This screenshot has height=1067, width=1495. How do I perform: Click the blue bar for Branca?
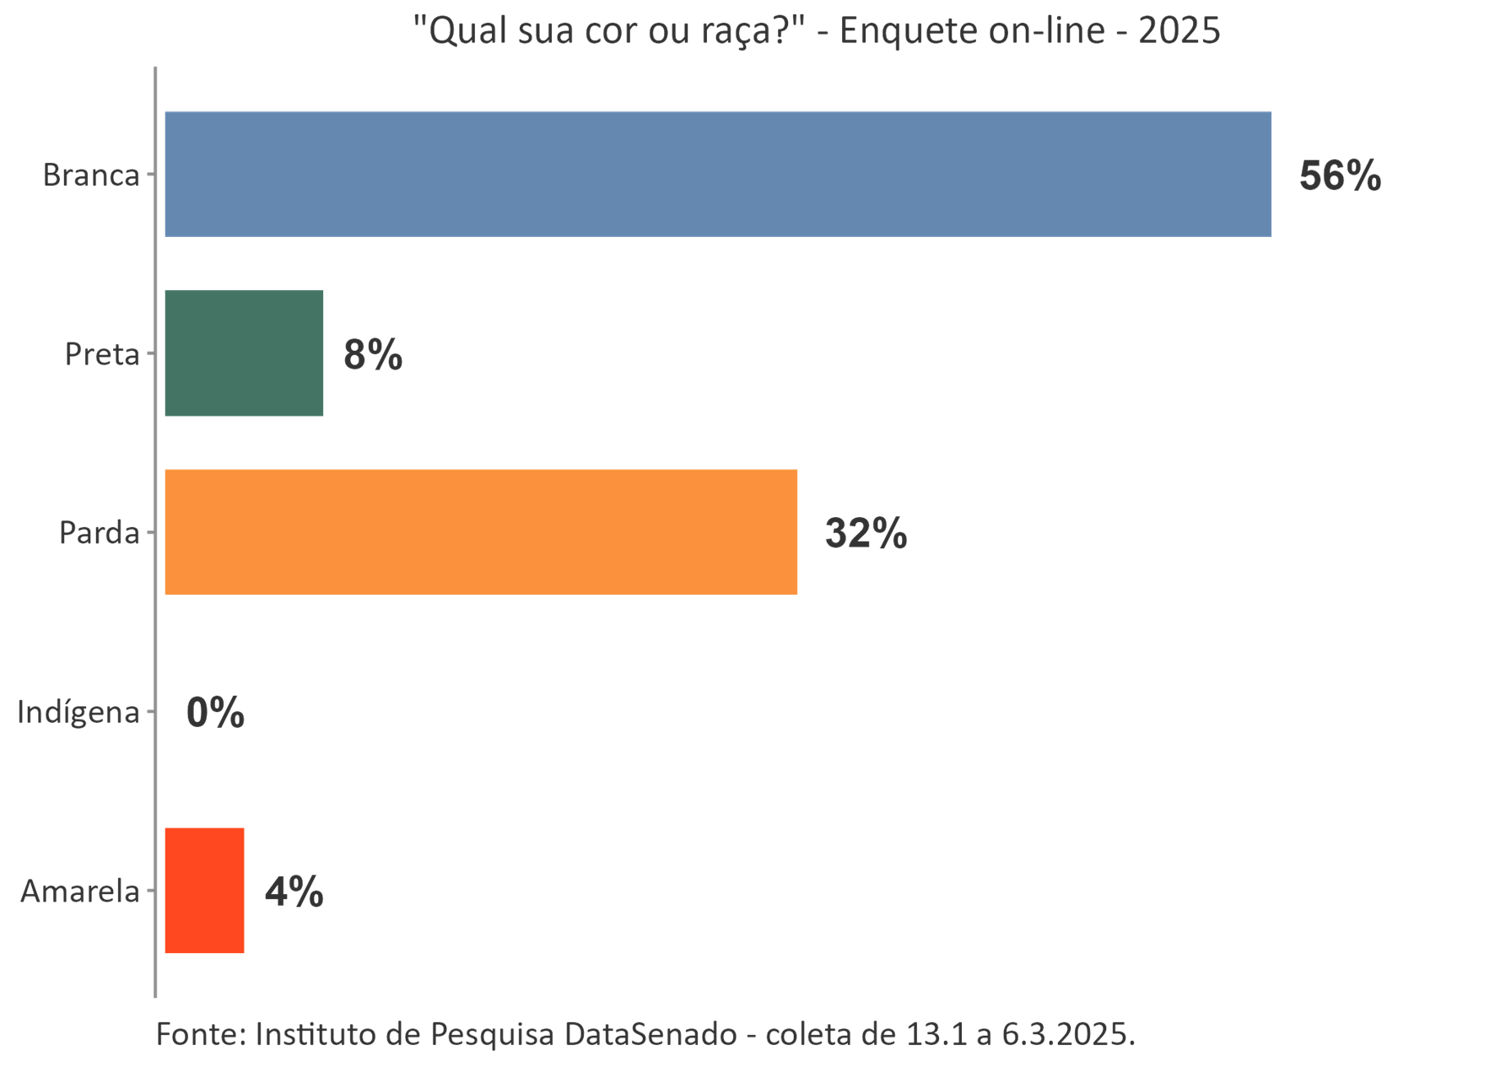coord(717,174)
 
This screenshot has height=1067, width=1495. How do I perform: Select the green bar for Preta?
coord(244,353)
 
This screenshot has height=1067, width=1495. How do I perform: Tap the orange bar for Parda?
coord(481,532)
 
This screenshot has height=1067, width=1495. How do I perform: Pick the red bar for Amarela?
coord(204,891)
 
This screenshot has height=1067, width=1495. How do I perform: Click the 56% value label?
coord(1340,176)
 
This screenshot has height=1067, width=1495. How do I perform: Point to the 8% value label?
coord(373,355)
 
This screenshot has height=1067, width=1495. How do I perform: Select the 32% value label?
coord(866,534)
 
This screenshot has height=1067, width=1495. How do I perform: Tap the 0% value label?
coord(215,714)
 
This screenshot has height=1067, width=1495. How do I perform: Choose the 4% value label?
coord(294,892)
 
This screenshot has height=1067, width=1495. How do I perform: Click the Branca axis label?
coord(91,175)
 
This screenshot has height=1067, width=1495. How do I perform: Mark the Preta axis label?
coord(102,354)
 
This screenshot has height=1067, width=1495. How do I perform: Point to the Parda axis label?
coord(99,533)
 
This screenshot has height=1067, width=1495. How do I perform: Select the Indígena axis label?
coord(78,713)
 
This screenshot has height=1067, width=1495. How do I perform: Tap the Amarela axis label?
coord(80,892)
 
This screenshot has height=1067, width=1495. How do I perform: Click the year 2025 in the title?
coord(1178,31)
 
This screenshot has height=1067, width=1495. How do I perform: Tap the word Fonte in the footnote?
coord(201,1033)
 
